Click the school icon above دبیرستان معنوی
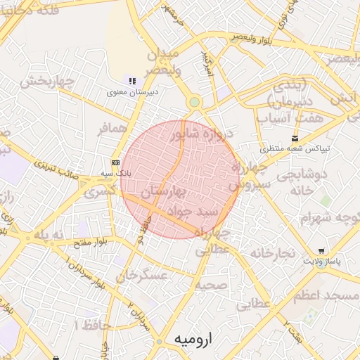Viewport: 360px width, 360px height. point(131,81)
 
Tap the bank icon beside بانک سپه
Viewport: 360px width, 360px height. point(116,162)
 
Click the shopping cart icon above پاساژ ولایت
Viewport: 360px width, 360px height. point(321,250)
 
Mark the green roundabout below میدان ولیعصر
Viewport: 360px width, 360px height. point(194,103)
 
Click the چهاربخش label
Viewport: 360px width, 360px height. point(46,82)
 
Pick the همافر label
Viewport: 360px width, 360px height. point(112,128)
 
